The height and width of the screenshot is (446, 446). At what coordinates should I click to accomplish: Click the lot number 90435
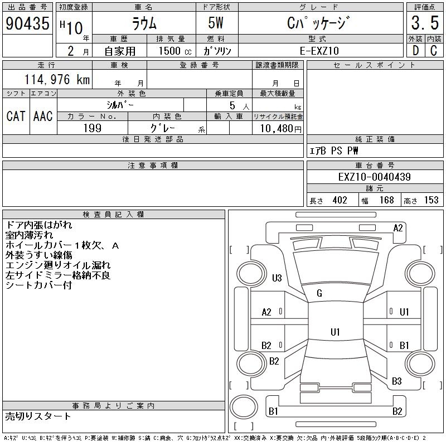click(x=27, y=23)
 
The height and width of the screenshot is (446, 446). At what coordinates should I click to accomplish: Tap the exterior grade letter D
click(x=415, y=50)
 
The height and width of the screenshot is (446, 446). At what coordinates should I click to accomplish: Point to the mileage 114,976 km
click(x=57, y=80)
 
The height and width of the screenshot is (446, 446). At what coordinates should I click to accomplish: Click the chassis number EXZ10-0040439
click(x=375, y=177)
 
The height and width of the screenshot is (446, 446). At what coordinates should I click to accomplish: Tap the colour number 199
click(x=93, y=128)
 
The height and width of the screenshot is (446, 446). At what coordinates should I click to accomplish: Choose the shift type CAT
click(x=16, y=116)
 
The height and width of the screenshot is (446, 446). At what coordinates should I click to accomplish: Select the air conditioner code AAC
click(x=43, y=116)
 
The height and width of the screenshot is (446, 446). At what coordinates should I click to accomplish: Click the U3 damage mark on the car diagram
click(x=277, y=278)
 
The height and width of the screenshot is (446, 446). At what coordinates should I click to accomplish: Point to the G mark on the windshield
click(x=319, y=293)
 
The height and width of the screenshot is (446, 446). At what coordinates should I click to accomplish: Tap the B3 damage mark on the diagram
click(x=396, y=381)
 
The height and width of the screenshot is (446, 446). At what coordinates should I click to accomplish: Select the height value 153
click(x=431, y=200)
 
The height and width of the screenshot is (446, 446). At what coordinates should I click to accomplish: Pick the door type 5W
click(x=216, y=23)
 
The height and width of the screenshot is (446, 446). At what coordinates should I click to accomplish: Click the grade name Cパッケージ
click(x=319, y=23)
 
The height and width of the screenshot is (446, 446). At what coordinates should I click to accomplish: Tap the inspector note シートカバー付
click(x=38, y=285)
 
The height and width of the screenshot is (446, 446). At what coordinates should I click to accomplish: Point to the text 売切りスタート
click(x=38, y=416)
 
